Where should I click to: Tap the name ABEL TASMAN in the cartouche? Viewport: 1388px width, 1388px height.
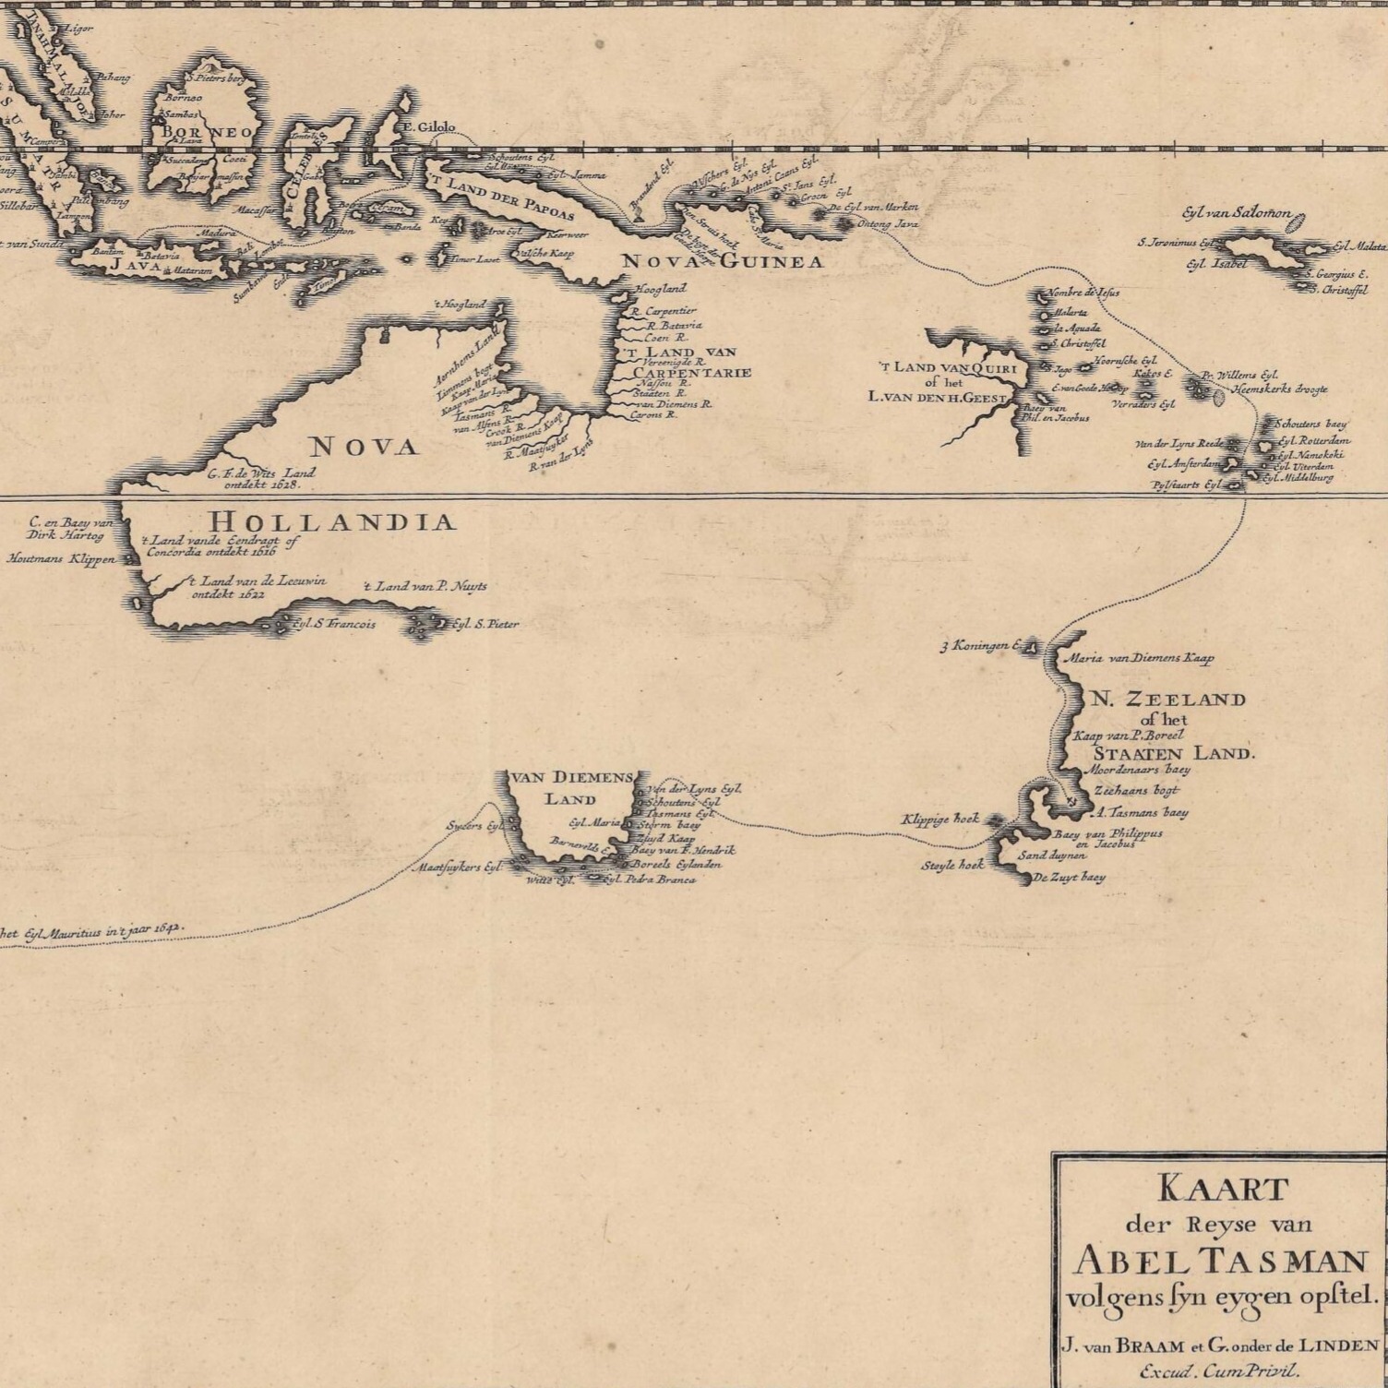click(x=1221, y=1261)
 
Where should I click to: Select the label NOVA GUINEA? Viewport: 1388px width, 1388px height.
click(x=722, y=262)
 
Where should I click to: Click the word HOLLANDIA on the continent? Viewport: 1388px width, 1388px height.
click(x=333, y=522)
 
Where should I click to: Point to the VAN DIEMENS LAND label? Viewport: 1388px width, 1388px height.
click(x=569, y=787)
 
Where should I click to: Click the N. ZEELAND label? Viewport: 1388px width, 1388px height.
click(x=1168, y=700)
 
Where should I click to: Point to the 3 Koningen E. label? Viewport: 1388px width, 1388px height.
click(x=977, y=646)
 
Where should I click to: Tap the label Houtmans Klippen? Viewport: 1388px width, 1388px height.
click(x=61, y=558)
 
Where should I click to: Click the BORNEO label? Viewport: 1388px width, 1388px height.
click(x=207, y=133)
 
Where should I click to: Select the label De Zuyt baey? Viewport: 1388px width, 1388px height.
click(x=1069, y=878)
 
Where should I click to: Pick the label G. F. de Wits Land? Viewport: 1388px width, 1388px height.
click(x=261, y=473)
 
